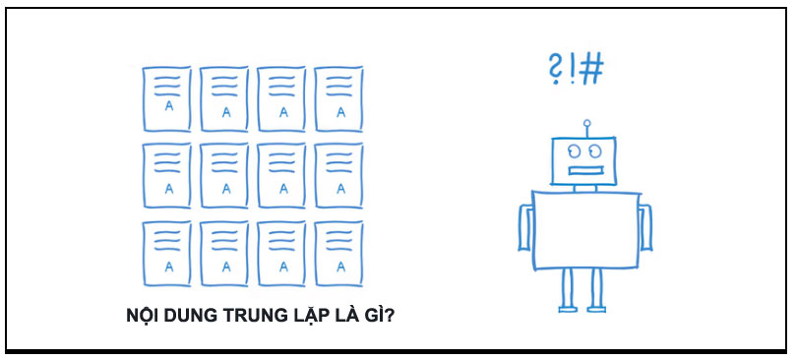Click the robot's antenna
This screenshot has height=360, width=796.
point(587,129)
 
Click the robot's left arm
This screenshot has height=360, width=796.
point(523,228)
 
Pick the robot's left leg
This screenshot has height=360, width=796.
point(568,289)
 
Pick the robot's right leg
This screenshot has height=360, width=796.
point(596,289)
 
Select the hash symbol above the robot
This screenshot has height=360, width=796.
point(590,69)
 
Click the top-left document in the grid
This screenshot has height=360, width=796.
point(166,99)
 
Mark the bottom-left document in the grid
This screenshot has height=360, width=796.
point(166,253)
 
